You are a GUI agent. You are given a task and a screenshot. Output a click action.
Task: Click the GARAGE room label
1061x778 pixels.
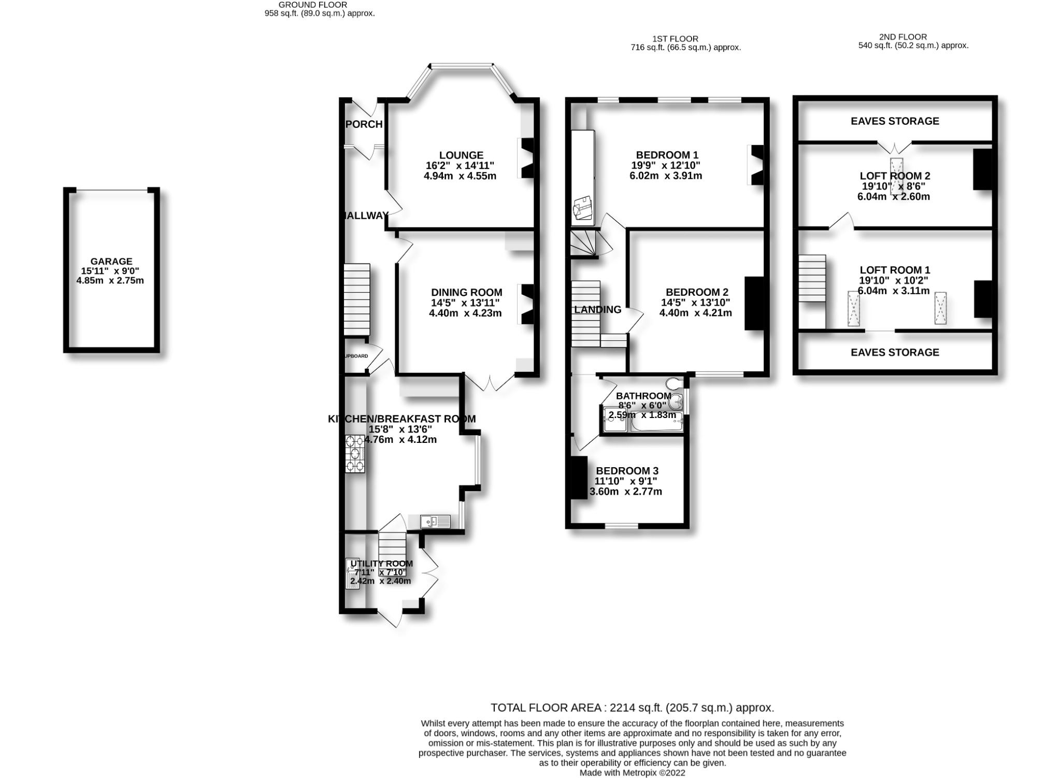point(111,262)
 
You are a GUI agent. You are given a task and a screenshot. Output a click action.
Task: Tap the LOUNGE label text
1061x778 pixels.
point(461,155)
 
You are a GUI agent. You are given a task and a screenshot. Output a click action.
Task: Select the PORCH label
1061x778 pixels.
point(364,124)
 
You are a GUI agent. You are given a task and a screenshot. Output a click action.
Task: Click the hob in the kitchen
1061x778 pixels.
point(355,454)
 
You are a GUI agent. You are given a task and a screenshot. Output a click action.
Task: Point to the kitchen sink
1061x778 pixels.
point(435,521)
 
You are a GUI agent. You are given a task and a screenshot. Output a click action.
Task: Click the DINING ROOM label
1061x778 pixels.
point(466,293)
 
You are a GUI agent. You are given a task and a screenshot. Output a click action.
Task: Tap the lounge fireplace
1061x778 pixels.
point(527,159)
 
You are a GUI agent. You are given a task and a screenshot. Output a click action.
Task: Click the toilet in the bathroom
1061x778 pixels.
point(674,384)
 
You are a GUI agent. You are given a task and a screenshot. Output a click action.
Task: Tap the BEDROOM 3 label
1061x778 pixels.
point(627,471)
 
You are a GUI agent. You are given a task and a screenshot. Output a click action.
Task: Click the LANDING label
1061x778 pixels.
point(597,310)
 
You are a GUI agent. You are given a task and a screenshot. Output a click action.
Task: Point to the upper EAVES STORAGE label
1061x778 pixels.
point(895,121)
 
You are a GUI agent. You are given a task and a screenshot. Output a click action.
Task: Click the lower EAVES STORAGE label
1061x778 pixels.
point(895,352)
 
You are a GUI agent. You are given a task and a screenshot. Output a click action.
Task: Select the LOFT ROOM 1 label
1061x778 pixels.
point(895,270)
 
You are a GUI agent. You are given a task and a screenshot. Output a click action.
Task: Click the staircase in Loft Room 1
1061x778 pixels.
point(812,278)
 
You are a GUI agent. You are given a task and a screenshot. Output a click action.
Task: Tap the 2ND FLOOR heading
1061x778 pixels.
point(902,37)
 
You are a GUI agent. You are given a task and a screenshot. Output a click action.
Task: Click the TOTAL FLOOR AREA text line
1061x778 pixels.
point(632,708)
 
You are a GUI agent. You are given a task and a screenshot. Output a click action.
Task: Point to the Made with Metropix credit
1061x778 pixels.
point(632,773)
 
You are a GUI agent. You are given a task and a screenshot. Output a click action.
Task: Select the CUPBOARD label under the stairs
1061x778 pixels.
point(356,356)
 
